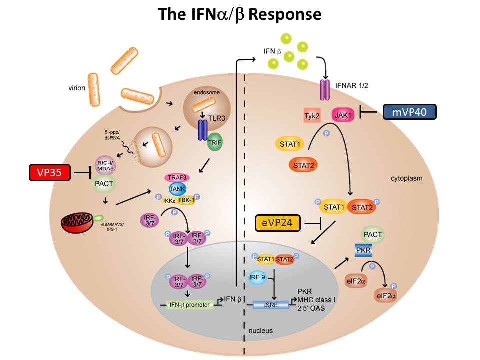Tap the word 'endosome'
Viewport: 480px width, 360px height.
point(207,93)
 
